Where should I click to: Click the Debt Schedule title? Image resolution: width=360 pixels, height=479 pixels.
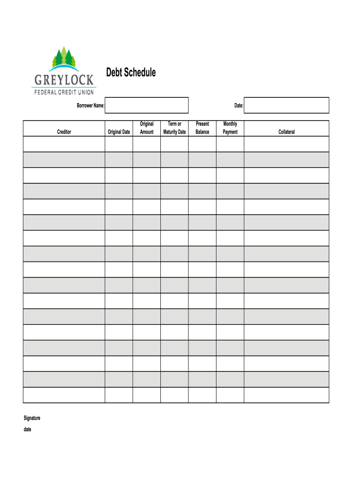(130, 73)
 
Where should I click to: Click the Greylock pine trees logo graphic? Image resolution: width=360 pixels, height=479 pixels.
(64, 58)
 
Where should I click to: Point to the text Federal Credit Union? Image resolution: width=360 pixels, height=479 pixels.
(64, 92)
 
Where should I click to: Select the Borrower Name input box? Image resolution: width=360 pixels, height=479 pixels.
(147, 105)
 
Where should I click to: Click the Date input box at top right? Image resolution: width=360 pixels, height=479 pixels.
(286, 105)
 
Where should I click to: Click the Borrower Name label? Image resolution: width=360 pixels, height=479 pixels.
(91, 106)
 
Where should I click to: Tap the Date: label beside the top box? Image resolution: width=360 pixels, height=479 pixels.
(238, 106)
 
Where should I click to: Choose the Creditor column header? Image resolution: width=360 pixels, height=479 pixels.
(64, 132)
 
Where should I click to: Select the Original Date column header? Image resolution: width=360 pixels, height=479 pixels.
(119, 132)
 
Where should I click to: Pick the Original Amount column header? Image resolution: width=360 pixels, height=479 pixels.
(147, 128)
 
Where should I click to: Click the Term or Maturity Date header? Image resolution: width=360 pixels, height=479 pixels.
(174, 128)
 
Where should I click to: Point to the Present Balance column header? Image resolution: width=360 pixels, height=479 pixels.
(202, 128)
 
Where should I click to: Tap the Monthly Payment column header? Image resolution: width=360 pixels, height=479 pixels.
(230, 128)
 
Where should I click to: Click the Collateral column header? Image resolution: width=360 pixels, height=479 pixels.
(287, 132)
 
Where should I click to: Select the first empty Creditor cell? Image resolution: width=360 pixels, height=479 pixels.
(64, 144)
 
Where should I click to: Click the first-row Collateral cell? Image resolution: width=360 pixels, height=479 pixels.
(287, 144)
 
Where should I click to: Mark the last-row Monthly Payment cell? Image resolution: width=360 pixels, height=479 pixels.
(230, 395)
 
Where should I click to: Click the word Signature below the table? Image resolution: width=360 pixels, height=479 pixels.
(32, 418)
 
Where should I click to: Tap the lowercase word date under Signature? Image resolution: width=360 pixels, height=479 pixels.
(28, 429)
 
